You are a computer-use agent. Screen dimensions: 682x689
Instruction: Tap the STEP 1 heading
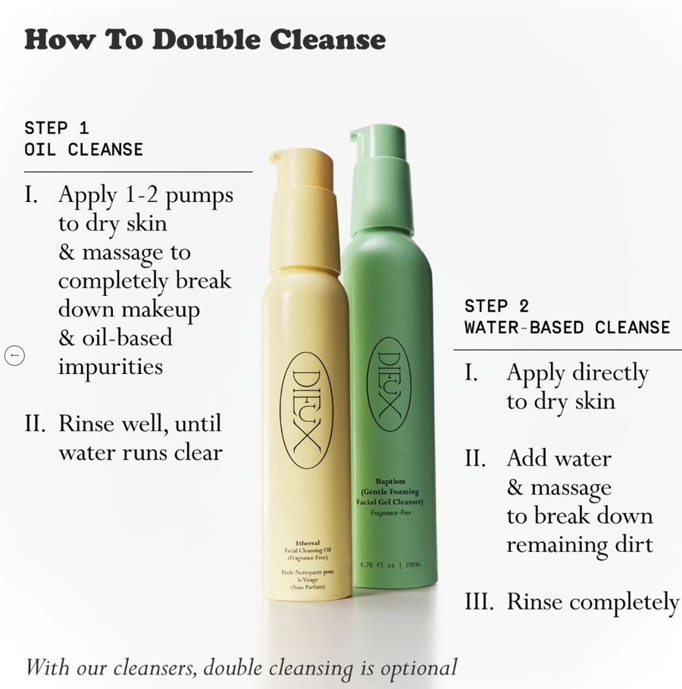[57, 128]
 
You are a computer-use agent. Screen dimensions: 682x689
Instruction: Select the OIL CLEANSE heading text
[83, 149]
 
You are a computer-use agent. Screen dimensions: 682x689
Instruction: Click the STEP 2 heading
[497, 306]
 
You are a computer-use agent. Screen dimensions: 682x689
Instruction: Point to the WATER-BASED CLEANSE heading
[568, 327]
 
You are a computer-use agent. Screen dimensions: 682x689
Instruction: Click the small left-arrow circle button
[14, 355]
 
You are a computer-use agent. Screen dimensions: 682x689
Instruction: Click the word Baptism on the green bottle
[390, 481]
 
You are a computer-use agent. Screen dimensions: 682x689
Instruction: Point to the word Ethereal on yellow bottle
[308, 543]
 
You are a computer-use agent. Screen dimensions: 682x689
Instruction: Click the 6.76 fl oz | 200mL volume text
[390, 565]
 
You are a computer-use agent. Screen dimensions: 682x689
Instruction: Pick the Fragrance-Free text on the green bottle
[390, 512]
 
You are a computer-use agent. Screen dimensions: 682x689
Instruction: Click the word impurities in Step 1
[111, 367]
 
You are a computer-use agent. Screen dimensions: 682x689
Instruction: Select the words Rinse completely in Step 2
[593, 602]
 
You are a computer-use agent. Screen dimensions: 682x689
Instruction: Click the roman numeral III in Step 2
[479, 602]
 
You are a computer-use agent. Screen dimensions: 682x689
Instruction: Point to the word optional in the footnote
[419, 669]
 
